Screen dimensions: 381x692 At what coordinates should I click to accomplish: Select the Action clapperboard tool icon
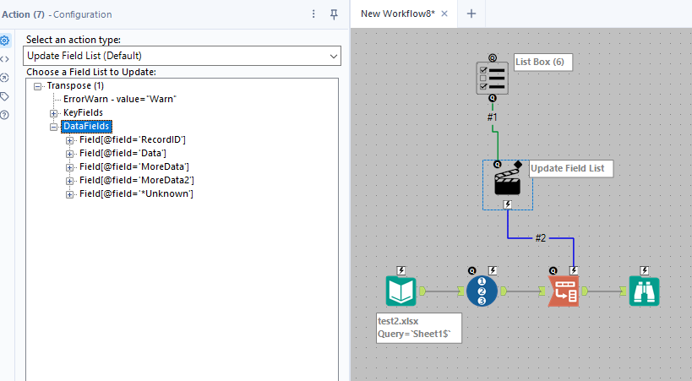[507, 180]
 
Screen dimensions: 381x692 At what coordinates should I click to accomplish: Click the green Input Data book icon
[401, 291]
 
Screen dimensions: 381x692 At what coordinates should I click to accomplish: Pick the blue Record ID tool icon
[482, 291]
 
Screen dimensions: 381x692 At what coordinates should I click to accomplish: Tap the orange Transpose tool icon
[564, 291]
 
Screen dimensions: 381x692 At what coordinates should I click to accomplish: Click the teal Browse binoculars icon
[644, 291]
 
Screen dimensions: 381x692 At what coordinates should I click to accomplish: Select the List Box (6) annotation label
[539, 63]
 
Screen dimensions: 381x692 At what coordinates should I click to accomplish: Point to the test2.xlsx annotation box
[418, 327]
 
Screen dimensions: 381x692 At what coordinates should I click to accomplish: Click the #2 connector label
[541, 238]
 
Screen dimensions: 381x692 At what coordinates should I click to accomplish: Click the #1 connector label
[493, 117]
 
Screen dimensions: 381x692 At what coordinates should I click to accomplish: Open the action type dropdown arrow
[333, 56]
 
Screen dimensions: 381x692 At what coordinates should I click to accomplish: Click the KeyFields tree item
[83, 112]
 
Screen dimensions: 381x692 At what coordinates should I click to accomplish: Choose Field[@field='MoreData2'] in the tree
[136, 180]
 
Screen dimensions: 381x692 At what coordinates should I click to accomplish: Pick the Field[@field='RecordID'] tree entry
[132, 139]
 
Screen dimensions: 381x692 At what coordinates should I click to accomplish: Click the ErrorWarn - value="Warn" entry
[119, 99]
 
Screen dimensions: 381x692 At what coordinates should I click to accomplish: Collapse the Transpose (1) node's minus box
[38, 86]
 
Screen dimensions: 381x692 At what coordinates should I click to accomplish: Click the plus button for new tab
[471, 14]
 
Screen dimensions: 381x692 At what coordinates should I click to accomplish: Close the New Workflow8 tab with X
[444, 14]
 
